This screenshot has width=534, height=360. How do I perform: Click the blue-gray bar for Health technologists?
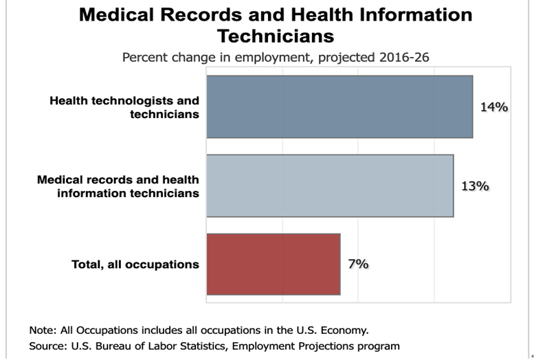(x=340, y=106)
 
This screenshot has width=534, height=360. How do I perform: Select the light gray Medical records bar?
(x=330, y=185)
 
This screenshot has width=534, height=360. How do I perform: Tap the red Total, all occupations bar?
(x=273, y=265)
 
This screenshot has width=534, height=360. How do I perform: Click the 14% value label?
(x=493, y=106)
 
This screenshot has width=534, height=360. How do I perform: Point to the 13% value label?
(x=474, y=185)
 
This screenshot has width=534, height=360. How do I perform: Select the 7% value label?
(x=358, y=264)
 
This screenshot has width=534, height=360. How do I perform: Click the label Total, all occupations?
(x=135, y=265)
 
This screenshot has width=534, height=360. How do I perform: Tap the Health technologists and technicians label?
(x=124, y=107)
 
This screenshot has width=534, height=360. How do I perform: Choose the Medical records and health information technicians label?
(x=118, y=186)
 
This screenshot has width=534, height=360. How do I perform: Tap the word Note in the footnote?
(x=41, y=329)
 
